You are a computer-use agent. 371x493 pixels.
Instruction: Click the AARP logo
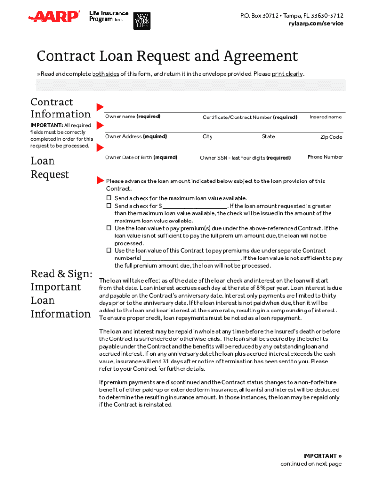point(54,17)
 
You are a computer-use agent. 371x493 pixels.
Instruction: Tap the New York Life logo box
point(142,21)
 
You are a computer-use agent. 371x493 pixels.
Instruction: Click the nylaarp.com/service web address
point(316,23)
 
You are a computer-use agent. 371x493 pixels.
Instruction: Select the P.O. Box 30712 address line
point(291,16)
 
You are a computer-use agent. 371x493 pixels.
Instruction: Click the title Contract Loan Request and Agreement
point(167,56)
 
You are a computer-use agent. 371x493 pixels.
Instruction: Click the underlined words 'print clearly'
point(287,74)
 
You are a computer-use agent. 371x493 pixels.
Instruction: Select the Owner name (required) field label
point(132,117)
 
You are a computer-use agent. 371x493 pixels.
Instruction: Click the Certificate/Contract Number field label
point(250,117)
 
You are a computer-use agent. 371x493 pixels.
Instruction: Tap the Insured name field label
point(325,117)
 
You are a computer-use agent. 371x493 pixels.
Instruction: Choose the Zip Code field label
point(331,137)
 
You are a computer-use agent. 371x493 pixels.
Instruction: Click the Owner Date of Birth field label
point(141,157)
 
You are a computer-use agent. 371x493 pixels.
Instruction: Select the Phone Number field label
point(325,157)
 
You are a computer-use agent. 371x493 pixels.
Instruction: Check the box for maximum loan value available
point(109,198)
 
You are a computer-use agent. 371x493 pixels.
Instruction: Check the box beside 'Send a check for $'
point(109,206)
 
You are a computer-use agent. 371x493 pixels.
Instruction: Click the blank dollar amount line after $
point(195,206)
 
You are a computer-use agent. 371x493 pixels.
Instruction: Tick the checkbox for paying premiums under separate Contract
point(109,251)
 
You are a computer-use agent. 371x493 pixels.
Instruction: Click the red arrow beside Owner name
point(100,106)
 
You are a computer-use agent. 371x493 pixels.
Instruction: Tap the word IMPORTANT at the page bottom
point(320,456)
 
